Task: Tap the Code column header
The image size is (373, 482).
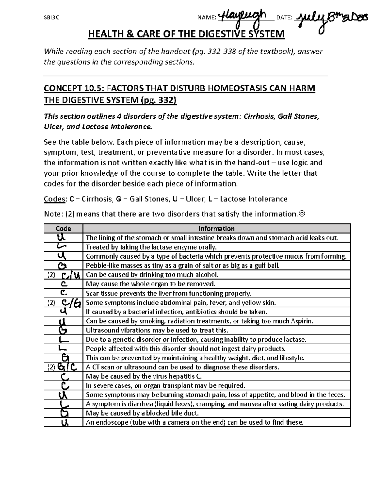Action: coord(63,229)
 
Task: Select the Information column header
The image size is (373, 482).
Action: coord(216,229)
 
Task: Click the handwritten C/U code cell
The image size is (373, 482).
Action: coord(71,275)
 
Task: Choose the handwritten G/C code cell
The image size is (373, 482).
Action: coord(67,367)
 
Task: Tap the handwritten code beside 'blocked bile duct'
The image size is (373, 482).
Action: coord(63,413)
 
